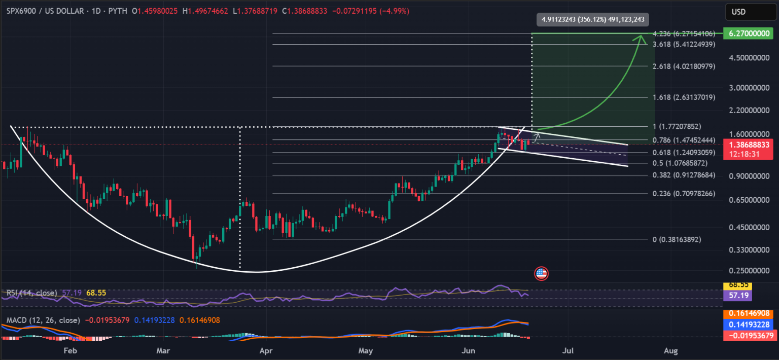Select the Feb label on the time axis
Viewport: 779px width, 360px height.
pos(70,350)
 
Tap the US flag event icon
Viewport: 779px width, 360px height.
pos(541,274)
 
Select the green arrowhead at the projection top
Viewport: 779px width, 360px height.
pos(642,38)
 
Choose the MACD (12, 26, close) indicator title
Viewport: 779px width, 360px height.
pos(43,320)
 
